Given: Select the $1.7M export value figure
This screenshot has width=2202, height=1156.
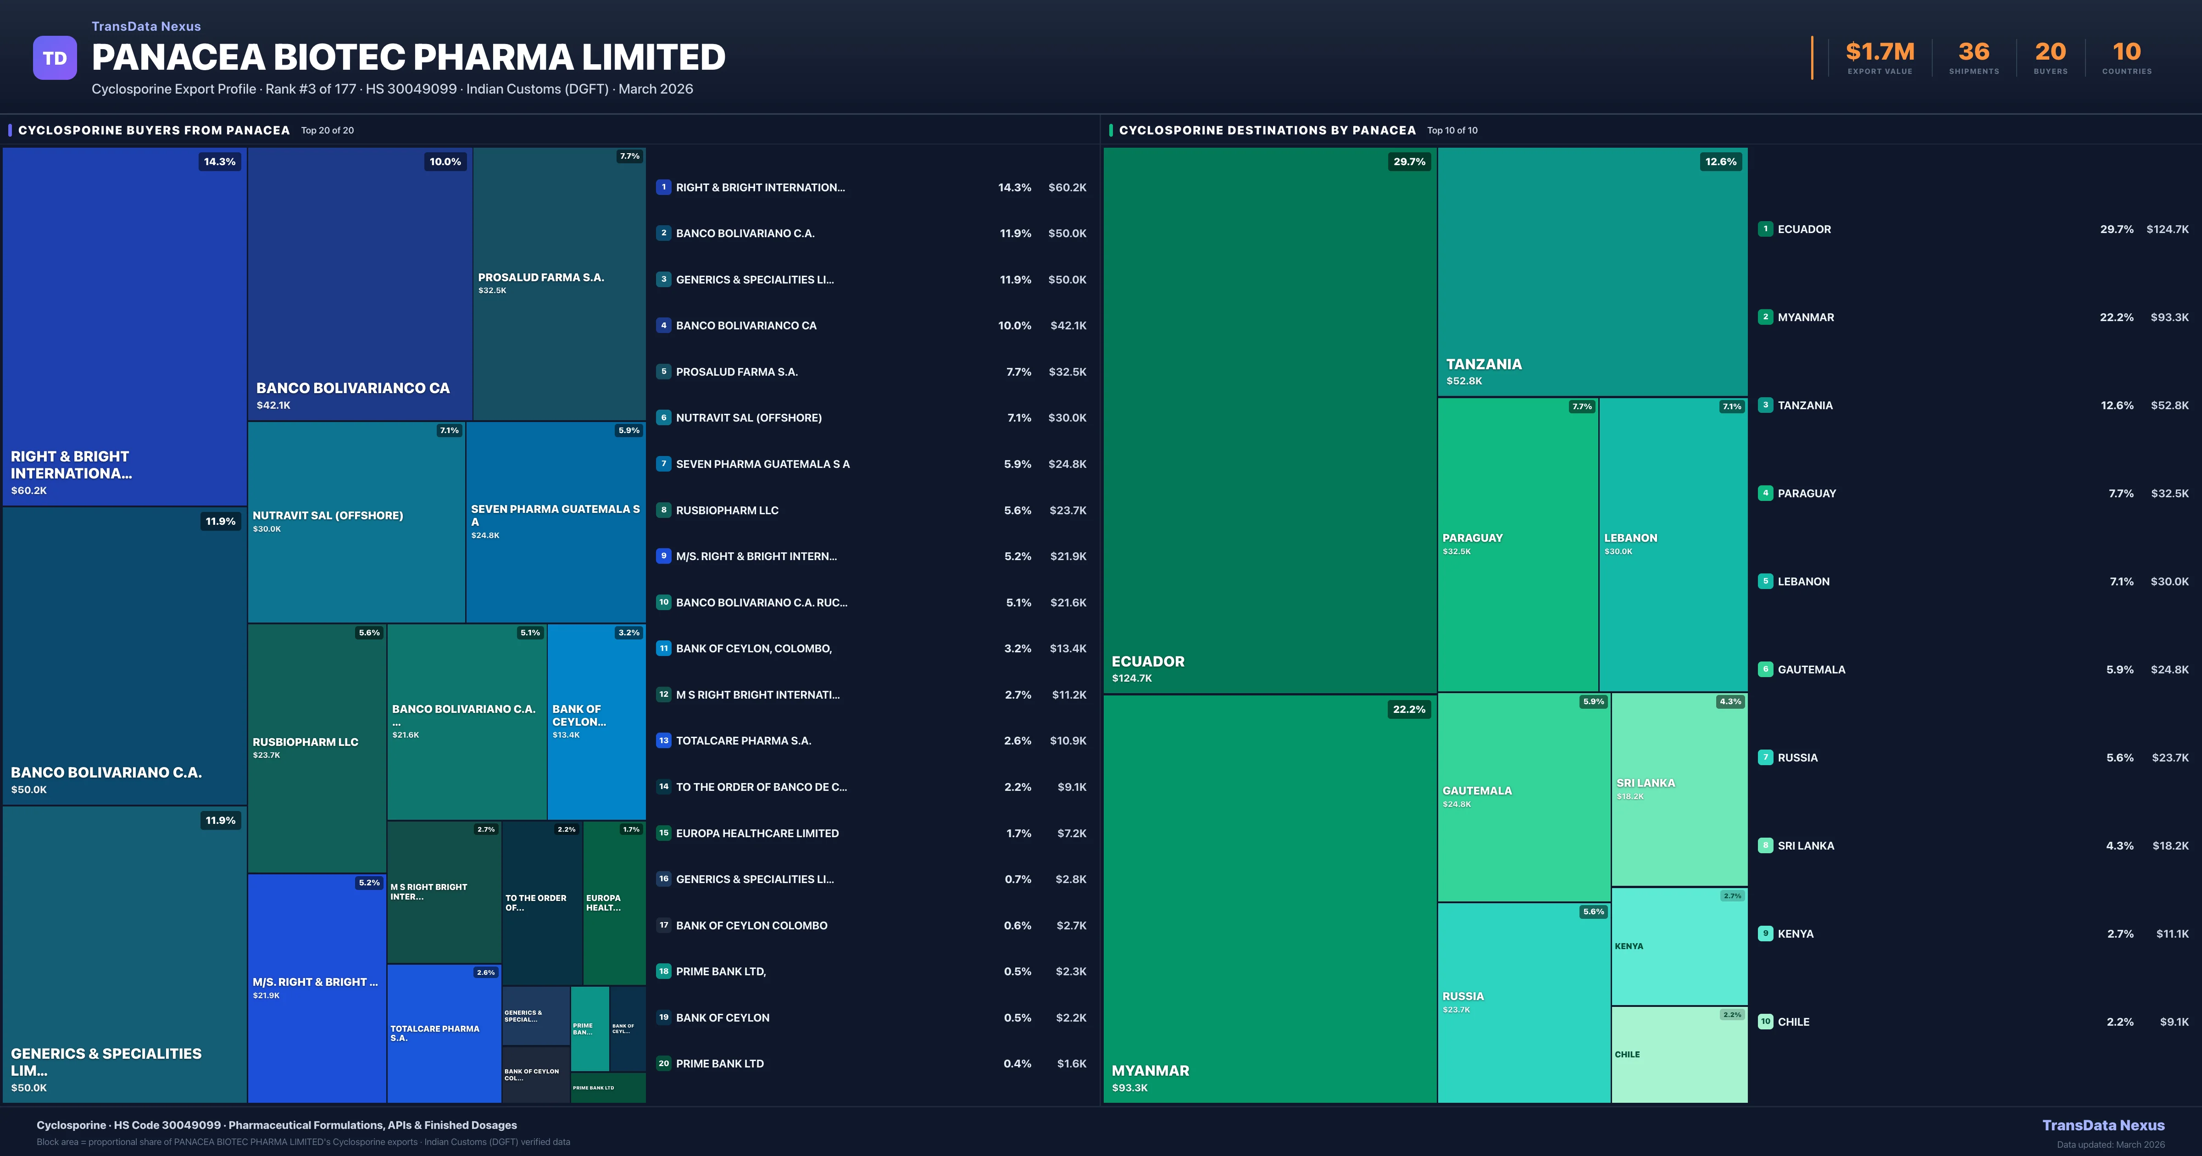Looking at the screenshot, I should point(1880,52).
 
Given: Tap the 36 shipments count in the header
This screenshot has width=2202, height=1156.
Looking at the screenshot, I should point(1974,52).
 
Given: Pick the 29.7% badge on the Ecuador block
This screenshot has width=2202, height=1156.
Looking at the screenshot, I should point(1409,161).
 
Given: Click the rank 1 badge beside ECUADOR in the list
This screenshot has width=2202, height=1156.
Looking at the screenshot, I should point(1765,229).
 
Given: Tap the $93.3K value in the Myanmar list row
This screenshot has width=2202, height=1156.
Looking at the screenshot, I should point(2169,317).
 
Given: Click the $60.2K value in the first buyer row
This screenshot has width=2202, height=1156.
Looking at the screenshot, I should point(1067,187).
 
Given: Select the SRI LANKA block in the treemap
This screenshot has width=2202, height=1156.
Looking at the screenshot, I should point(1679,789).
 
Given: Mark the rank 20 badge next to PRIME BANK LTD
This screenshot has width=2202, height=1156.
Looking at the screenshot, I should point(663,1064).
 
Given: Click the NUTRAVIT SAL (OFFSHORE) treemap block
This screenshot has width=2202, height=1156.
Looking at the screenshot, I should point(356,522).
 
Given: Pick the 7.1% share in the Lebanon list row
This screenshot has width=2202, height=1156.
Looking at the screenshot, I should point(2121,581).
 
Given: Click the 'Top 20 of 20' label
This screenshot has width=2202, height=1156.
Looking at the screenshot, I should point(328,131).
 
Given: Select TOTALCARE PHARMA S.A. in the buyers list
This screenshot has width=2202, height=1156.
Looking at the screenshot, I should point(743,740).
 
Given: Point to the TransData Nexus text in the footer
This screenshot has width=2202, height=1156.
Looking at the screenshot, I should point(2103,1125).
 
